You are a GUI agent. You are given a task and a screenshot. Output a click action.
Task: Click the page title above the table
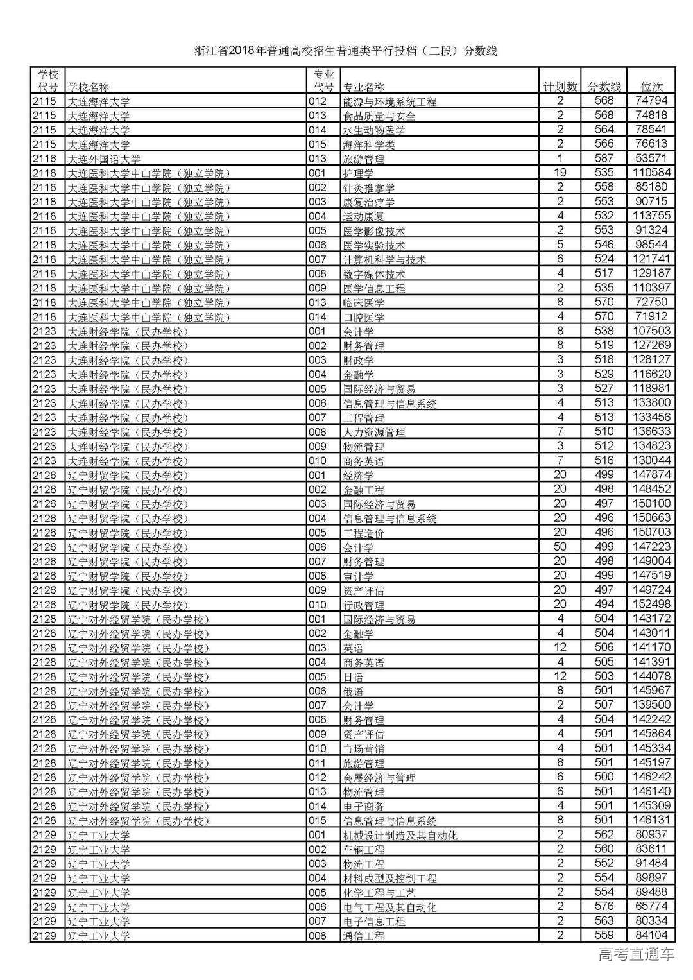pyautogui.click(x=346, y=51)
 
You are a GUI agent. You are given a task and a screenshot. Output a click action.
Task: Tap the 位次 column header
pyautogui.click(x=652, y=87)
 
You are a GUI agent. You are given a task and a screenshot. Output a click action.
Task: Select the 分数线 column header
pyautogui.click(x=604, y=87)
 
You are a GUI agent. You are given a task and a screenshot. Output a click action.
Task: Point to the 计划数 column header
pyautogui.click(x=560, y=87)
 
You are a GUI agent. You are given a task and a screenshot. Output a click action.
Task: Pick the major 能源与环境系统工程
pyautogui.click(x=389, y=101)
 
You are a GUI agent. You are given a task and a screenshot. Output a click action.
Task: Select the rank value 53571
pyautogui.click(x=651, y=159)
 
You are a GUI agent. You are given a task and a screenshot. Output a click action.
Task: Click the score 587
pyautogui.click(x=604, y=159)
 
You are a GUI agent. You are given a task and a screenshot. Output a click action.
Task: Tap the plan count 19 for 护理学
pyautogui.click(x=560, y=173)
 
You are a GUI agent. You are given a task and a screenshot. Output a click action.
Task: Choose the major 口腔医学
pyautogui.click(x=363, y=317)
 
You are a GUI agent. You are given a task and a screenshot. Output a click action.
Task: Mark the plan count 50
pyautogui.click(x=560, y=547)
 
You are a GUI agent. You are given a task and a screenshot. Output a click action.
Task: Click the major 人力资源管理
pyautogui.click(x=374, y=433)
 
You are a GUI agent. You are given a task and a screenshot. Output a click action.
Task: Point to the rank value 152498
pyautogui.click(x=651, y=605)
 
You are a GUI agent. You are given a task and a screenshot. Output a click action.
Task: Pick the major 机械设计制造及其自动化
pyautogui.click(x=400, y=835)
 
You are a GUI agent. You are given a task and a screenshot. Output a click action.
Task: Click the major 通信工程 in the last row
pyautogui.click(x=364, y=936)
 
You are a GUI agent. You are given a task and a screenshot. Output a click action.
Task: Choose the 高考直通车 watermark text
pyautogui.click(x=636, y=955)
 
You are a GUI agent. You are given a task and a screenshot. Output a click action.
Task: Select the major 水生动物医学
pyautogui.click(x=374, y=130)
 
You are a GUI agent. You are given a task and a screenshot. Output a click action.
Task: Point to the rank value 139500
pyautogui.click(x=651, y=705)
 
